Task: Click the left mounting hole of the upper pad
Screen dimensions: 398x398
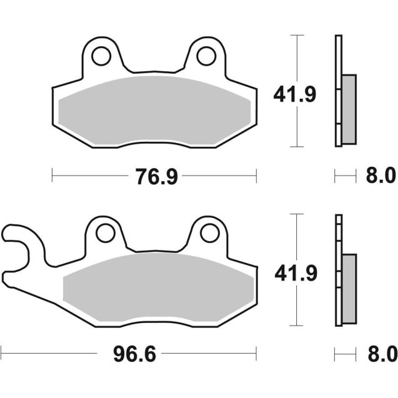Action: point(100,56)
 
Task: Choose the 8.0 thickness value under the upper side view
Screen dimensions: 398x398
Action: point(381,177)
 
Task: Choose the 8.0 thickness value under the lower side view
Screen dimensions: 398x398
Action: point(381,355)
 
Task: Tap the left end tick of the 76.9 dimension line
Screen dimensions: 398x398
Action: point(52,177)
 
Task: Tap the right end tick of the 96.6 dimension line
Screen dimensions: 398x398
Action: point(256,354)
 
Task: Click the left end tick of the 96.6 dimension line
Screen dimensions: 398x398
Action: point(2,354)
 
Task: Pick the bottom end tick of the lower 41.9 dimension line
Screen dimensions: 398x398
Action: point(296,326)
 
